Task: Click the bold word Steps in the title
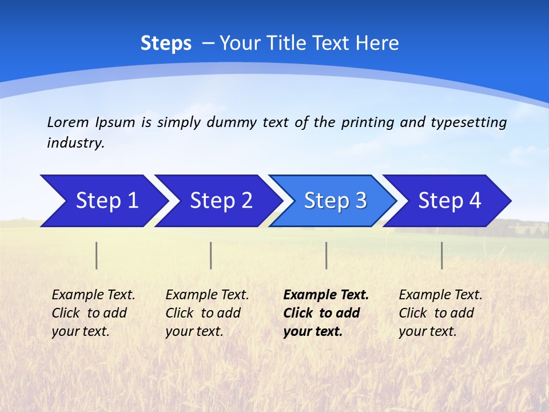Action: [x=166, y=43]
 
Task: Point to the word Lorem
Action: [x=67, y=122]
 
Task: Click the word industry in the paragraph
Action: [x=75, y=143]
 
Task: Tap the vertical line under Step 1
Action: [x=97, y=255]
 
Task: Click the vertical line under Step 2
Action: [x=211, y=255]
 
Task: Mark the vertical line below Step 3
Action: [x=327, y=255]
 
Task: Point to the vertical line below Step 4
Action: [x=442, y=255]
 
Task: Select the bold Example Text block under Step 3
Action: [x=325, y=313]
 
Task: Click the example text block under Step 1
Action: [x=93, y=313]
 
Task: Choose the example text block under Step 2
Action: [x=207, y=313]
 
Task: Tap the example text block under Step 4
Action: [x=440, y=313]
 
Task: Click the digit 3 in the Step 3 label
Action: [x=361, y=201]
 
